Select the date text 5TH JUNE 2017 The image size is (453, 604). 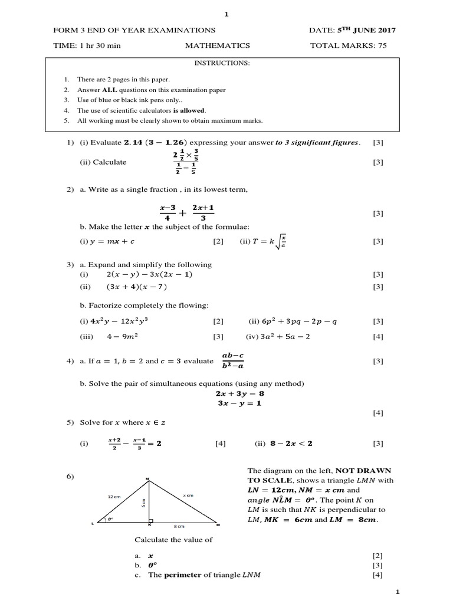tap(362, 30)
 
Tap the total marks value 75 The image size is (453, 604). tap(382, 45)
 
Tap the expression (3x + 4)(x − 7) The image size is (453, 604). tap(137, 287)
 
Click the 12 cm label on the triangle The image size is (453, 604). tap(114, 497)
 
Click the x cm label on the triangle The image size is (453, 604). tap(188, 496)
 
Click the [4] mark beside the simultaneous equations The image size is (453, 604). tap(378, 413)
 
